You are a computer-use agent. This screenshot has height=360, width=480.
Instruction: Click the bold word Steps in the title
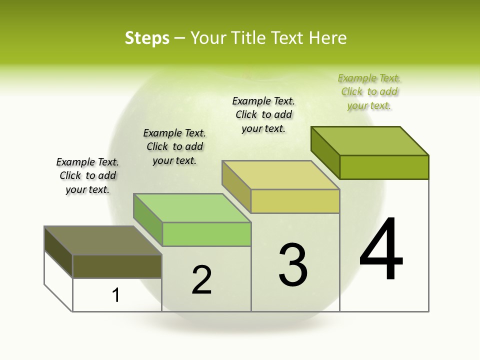(x=147, y=38)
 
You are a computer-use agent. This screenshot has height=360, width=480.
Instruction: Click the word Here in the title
(x=327, y=38)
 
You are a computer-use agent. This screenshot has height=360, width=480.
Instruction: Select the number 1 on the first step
(x=116, y=295)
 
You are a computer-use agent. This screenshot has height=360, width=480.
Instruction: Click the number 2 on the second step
(x=201, y=280)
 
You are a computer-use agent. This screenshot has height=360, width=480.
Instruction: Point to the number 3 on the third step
(x=293, y=265)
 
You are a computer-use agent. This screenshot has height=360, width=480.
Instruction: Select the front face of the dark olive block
(x=117, y=266)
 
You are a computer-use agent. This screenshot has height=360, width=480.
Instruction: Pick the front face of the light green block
(x=206, y=234)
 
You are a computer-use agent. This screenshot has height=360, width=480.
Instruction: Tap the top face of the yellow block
(x=280, y=175)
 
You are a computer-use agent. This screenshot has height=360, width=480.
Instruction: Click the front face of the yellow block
(x=295, y=201)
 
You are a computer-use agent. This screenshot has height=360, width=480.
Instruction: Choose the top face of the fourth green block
(x=369, y=140)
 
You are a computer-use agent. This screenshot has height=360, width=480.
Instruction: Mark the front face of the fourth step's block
(x=384, y=167)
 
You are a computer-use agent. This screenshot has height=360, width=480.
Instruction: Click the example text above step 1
(x=87, y=175)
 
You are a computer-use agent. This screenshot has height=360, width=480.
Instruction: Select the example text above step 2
(x=174, y=146)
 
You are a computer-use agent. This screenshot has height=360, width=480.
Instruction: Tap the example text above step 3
(x=263, y=114)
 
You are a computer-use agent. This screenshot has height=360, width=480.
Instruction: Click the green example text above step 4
(x=369, y=91)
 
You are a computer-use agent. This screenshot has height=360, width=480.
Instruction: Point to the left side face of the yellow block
(x=236, y=186)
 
